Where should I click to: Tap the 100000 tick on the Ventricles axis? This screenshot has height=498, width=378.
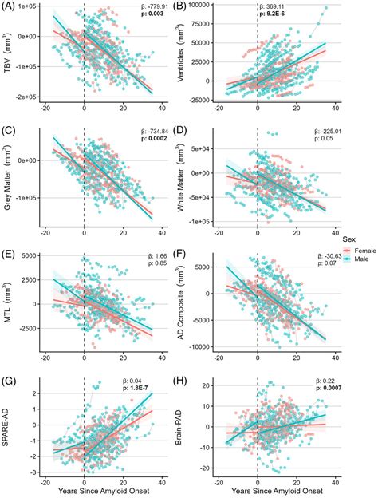[205, 6]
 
